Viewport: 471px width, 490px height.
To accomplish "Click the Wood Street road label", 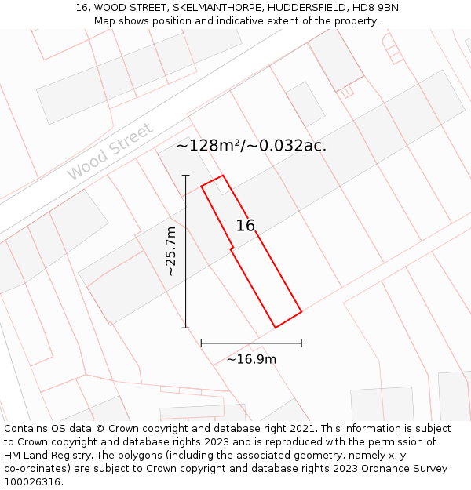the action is [x=109, y=151].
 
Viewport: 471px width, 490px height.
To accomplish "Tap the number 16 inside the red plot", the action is [x=246, y=226].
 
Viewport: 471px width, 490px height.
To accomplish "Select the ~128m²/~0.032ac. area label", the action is [x=251, y=145].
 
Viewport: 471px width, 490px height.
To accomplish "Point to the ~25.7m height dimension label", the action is [x=171, y=251].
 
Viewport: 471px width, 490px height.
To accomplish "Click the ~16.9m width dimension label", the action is [x=251, y=360].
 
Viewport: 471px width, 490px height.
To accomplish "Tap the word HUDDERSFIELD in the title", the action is [x=303, y=8].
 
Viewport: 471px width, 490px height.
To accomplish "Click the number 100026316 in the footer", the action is [x=31, y=482].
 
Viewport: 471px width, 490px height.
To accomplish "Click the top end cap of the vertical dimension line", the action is [x=186, y=175].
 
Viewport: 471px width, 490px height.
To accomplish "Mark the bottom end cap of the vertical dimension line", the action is [x=186, y=328].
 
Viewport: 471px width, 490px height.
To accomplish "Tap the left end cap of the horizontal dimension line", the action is [x=201, y=343].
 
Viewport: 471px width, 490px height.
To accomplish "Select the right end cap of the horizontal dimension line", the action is [x=301, y=343].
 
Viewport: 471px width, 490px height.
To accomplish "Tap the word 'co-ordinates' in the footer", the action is [x=36, y=469].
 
